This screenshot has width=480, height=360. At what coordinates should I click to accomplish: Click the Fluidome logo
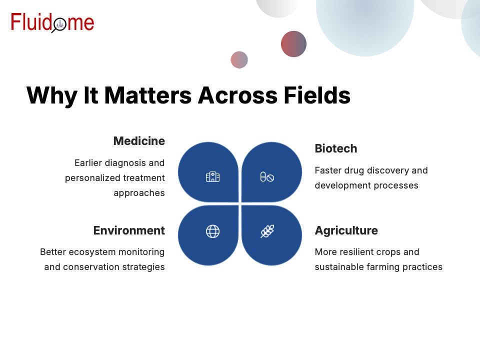click(52, 22)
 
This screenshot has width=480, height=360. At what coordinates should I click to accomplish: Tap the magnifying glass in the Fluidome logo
click(59, 25)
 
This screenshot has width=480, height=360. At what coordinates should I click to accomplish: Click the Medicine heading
click(139, 141)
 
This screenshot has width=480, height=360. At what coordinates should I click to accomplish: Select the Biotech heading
click(336, 148)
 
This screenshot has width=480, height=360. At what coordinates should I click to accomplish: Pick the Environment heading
click(129, 230)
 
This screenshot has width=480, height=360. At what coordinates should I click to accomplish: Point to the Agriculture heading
click(346, 230)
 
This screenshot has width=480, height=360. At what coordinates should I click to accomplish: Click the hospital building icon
click(213, 177)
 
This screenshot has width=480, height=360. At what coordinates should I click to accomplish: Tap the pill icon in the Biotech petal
click(267, 177)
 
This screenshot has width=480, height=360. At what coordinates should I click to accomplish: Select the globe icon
click(213, 231)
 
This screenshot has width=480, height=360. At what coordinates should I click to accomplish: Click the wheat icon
click(267, 231)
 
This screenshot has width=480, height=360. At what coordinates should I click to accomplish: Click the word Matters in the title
click(148, 95)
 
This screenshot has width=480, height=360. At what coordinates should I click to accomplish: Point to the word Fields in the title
click(317, 95)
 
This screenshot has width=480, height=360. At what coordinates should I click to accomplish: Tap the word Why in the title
click(52, 96)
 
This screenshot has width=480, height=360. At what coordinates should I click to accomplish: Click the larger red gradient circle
click(293, 44)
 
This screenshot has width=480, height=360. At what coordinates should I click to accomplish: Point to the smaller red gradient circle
click(239, 59)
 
